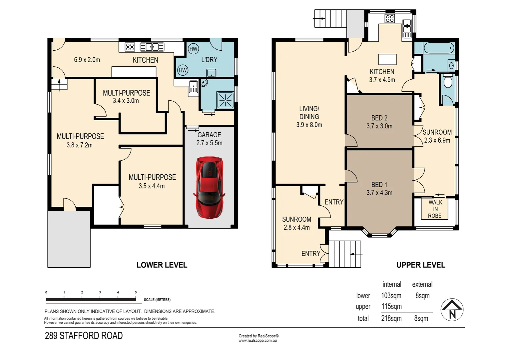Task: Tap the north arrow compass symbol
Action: tap(452, 310)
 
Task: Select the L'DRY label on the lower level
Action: tap(209, 60)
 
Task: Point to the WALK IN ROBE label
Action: tap(435, 209)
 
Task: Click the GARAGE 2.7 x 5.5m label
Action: tap(209, 139)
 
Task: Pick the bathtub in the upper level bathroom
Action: tap(439, 48)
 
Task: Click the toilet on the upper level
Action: tap(448, 81)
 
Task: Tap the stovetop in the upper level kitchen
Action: tap(390, 18)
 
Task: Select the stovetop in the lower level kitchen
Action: tap(130, 47)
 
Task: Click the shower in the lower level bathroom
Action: tap(225, 100)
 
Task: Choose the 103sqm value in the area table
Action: tap(391, 296)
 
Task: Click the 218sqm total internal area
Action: tap(391, 318)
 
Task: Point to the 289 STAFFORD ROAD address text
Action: tap(84, 336)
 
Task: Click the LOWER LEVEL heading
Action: tap(162, 265)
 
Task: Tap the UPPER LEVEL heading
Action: tap(421, 265)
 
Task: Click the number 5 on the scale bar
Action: tap(136, 292)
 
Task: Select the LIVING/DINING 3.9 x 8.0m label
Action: tap(309, 116)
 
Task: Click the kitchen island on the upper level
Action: tap(387, 59)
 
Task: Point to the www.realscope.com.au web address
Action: tap(258, 341)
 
